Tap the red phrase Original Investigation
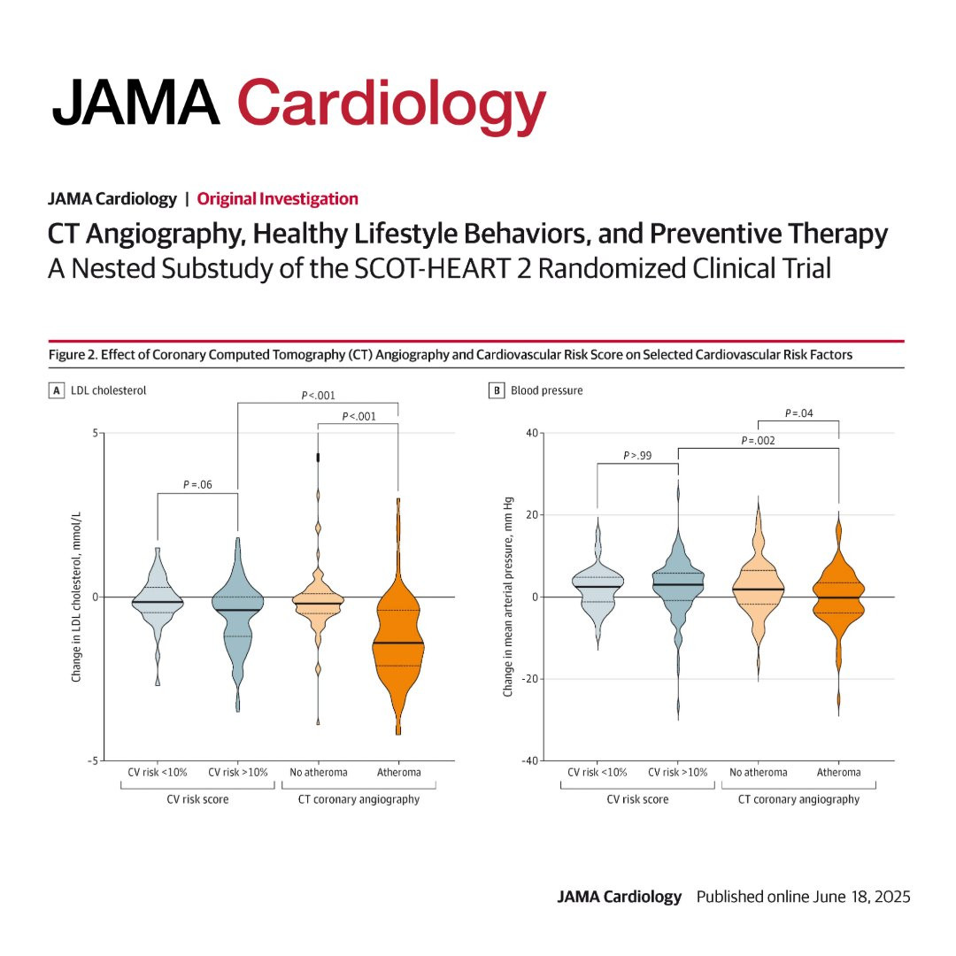point(277,199)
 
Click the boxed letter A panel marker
point(56,389)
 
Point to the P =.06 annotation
point(197,484)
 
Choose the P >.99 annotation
point(637,455)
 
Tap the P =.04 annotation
point(798,412)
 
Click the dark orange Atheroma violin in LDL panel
point(398,646)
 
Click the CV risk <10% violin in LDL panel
point(158,602)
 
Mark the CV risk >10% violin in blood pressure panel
point(678,584)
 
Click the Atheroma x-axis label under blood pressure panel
point(838,773)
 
